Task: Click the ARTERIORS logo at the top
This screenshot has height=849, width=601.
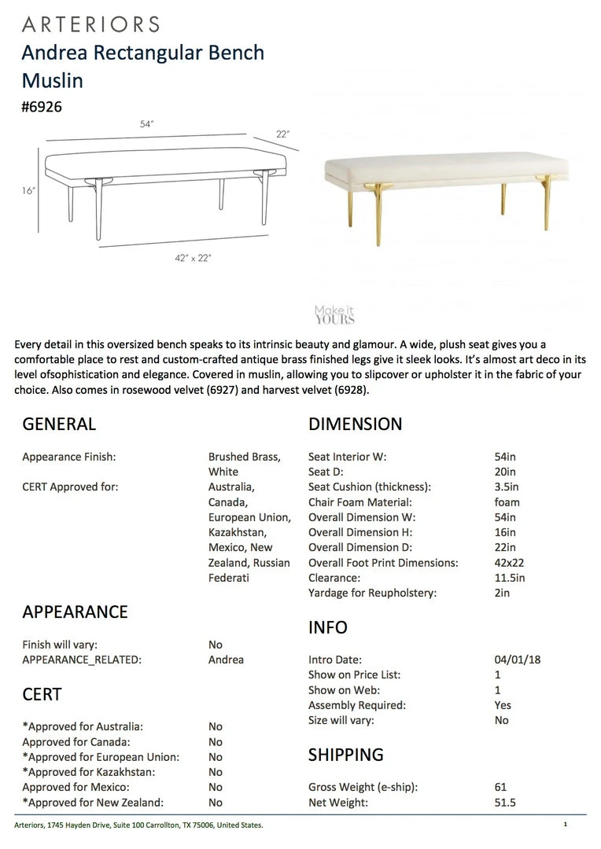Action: pyautogui.click(x=90, y=24)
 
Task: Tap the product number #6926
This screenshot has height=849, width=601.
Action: pyautogui.click(x=42, y=107)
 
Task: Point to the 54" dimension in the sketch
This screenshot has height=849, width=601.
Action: pyautogui.click(x=146, y=124)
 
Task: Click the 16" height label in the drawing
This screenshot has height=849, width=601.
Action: pyautogui.click(x=29, y=191)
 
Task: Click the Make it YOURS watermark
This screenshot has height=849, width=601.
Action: pyautogui.click(x=334, y=315)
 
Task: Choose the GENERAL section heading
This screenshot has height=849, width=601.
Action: pyautogui.click(x=59, y=424)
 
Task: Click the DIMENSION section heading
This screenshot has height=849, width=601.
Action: pyautogui.click(x=355, y=424)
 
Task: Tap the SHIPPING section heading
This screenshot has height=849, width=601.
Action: pyautogui.click(x=345, y=755)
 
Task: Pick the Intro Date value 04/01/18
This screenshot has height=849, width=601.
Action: pyautogui.click(x=512, y=660)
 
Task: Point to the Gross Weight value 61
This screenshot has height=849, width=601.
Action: pyautogui.click(x=501, y=787)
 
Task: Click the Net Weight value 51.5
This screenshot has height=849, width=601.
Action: pyautogui.click(x=505, y=803)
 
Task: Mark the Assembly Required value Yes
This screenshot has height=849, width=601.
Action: pyautogui.click(x=503, y=705)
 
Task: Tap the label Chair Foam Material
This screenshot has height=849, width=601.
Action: pyautogui.click(x=359, y=502)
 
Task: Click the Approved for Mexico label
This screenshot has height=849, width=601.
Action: pyautogui.click(x=76, y=787)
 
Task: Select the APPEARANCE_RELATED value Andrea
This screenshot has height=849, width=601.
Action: pyautogui.click(x=226, y=660)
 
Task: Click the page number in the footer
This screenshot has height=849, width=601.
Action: pyautogui.click(x=565, y=825)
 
